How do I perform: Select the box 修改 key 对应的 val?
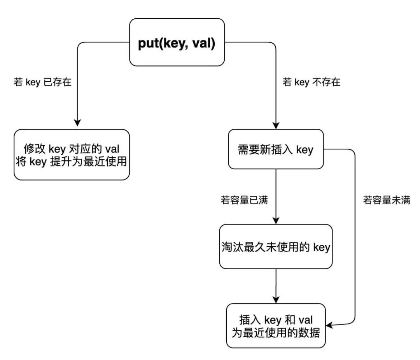tap(72, 155)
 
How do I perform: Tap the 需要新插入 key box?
tap(276, 149)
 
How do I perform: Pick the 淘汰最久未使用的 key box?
tap(276, 246)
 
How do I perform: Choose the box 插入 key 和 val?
tap(276, 326)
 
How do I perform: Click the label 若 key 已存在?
tap(43, 83)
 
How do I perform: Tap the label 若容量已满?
tap(244, 200)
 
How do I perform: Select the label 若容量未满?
tap(387, 200)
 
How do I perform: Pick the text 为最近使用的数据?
tap(276, 333)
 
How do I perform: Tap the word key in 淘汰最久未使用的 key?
tap(321, 247)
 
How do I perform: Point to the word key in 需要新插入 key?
tap(304, 150)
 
